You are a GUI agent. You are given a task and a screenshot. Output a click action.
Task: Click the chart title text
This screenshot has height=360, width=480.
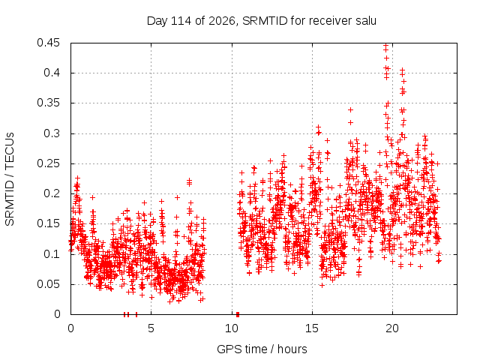coord(262,21)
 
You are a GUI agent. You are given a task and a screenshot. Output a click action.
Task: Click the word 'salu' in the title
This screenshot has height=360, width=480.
coord(366,21)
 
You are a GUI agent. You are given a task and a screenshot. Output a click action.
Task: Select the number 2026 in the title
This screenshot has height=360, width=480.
coord(222,21)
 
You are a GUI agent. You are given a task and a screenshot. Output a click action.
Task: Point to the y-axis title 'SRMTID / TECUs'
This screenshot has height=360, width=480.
coord(10,179)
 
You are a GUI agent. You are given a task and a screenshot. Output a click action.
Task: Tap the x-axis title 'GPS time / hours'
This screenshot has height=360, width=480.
coord(262,349)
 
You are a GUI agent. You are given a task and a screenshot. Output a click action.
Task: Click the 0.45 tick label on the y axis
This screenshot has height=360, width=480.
coord(48,43)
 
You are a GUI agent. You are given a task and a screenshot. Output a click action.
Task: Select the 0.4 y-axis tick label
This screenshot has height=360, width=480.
coord(52,73)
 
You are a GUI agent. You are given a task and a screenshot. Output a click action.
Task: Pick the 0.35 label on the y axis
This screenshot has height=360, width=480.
coord(48,103)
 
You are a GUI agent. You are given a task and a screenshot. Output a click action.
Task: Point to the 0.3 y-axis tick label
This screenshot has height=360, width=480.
coord(52,133)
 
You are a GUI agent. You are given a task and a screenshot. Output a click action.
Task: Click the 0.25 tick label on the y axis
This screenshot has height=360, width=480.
coord(48,163)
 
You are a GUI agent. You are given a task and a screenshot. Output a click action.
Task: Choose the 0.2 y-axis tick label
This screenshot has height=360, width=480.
coord(52,193)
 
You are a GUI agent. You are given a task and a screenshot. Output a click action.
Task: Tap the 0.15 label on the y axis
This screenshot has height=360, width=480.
coord(48,223)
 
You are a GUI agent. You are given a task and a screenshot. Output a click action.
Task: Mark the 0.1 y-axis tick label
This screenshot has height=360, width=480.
coord(52,254)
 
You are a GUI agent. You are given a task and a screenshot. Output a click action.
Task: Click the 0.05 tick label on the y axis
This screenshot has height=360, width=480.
coord(48,284)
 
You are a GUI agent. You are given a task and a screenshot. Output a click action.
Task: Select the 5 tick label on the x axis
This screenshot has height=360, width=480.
coord(151,328)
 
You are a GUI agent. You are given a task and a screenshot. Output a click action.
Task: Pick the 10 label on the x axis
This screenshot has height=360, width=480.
coord(232,328)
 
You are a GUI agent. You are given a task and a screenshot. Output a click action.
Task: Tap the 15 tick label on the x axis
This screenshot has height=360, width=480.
coord(312,328)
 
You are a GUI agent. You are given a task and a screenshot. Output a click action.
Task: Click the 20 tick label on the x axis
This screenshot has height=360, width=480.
coord(392,328)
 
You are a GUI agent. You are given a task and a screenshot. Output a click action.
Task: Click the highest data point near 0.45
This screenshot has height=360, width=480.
coord(386,45)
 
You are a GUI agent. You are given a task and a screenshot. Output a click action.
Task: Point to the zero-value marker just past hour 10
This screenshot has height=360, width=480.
coord(238,314)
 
